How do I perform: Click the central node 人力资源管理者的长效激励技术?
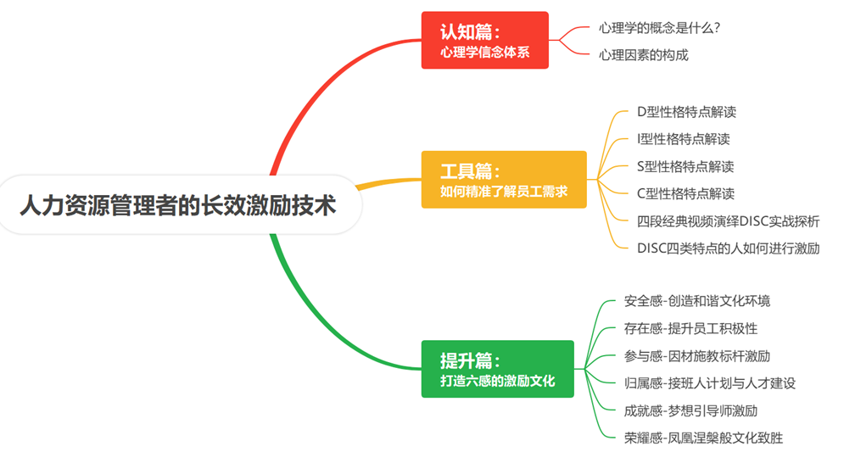[177, 205]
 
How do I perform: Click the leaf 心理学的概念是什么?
[659, 28]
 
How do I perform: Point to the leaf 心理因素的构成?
[643, 55]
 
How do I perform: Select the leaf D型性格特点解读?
[685, 111]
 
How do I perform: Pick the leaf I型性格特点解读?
[683, 138]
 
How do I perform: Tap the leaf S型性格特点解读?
[685, 166]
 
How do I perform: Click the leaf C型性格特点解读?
[685, 193]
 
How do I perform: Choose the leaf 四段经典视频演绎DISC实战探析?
[728, 221]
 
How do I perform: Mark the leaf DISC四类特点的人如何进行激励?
[728, 248]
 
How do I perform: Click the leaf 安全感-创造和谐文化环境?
[696, 301]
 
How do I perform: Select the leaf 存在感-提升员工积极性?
[690, 328]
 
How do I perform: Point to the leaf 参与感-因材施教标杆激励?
[696, 356]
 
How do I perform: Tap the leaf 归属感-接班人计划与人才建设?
[709, 383]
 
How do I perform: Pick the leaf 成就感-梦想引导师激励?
[690, 411]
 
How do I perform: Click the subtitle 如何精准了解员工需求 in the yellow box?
[503, 192]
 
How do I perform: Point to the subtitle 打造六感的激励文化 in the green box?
[497, 382]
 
